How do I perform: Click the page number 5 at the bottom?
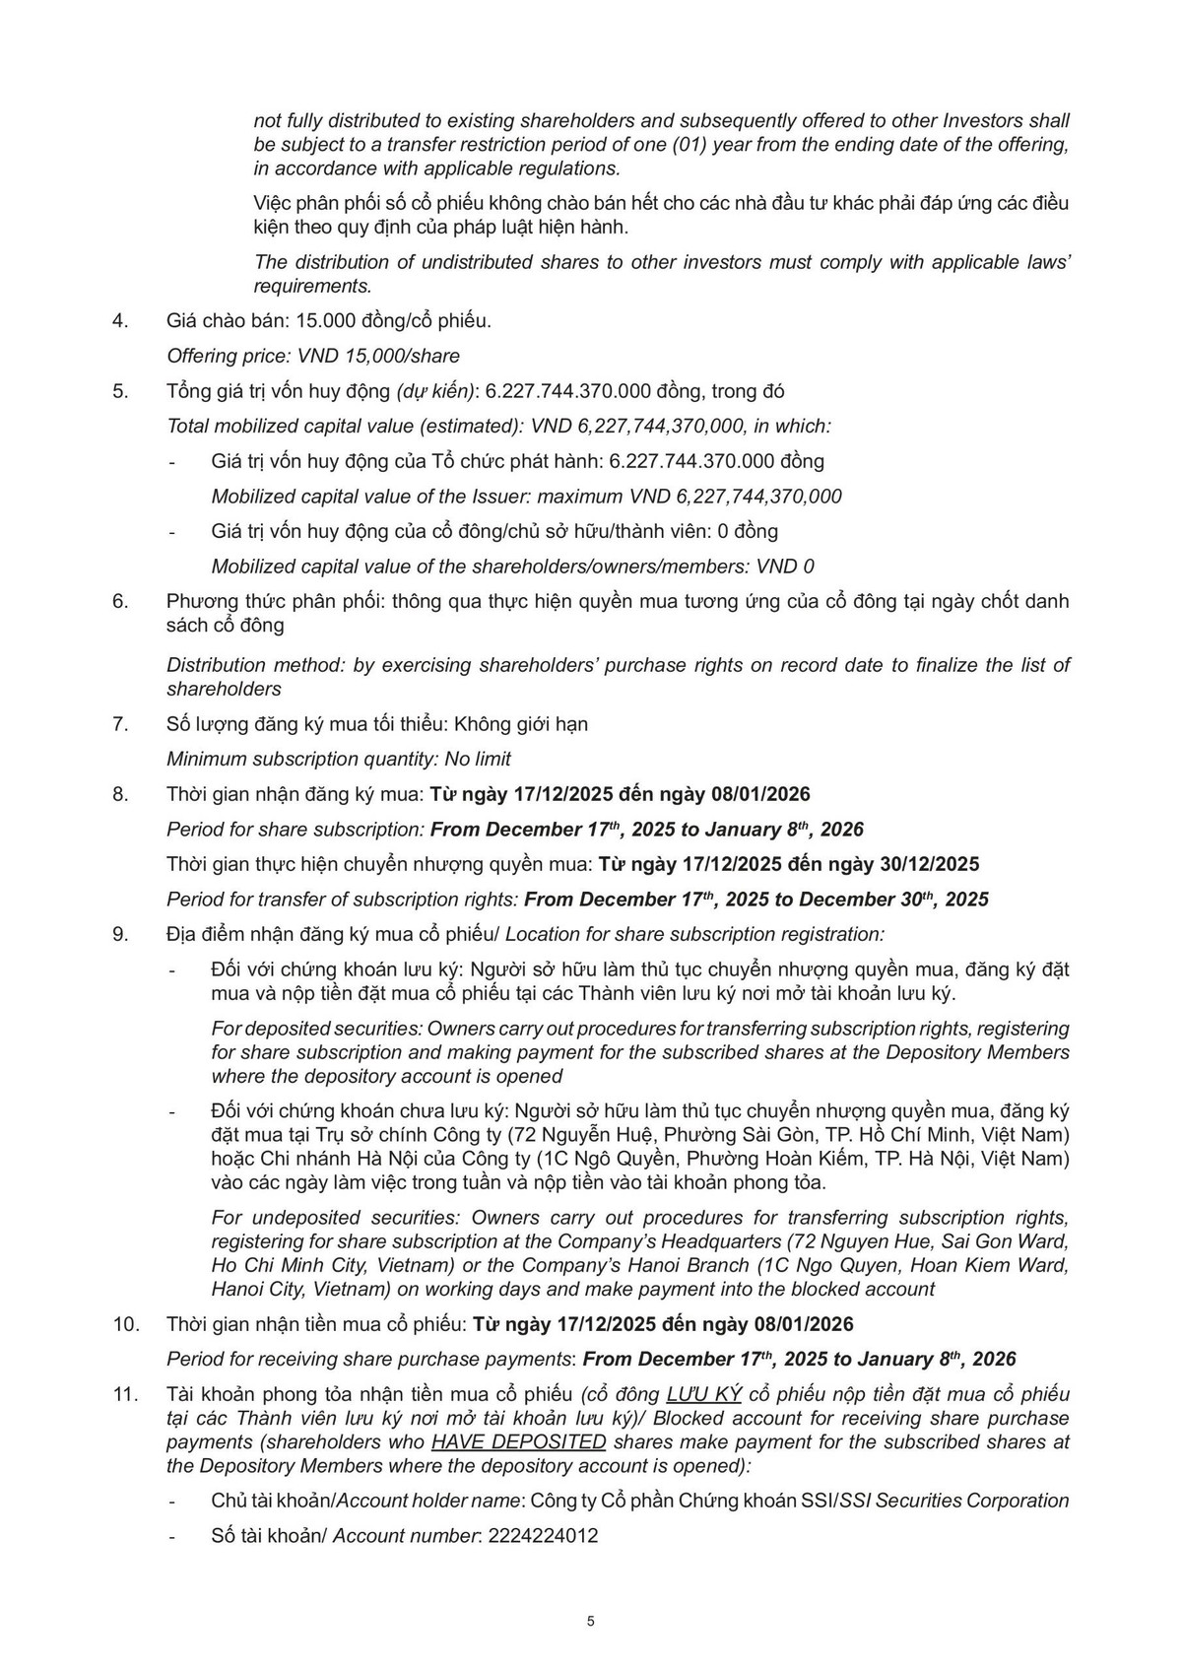click(x=590, y=1621)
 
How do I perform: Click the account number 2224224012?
click(x=543, y=1535)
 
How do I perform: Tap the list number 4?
click(x=120, y=320)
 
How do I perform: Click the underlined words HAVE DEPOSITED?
click(x=519, y=1441)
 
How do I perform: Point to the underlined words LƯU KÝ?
click(x=703, y=1394)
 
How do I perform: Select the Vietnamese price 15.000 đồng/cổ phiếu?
click(x=393, y=320)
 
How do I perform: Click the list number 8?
click(x=120, y=793)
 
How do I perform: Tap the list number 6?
click(x=120, y=601)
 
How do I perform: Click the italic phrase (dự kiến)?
click(x=435, y=391)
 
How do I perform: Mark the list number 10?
click(x=126, y=1323)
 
